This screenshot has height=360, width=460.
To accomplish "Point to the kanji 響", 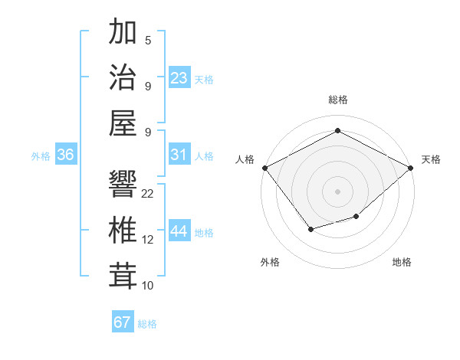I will [123, 183].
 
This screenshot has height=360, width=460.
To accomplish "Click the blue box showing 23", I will [179, 78].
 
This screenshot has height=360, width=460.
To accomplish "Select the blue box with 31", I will [179, 155].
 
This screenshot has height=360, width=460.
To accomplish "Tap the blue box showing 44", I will [179, 231].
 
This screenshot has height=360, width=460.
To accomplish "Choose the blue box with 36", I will [66, 155].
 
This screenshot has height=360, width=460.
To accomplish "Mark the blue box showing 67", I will [123, 322].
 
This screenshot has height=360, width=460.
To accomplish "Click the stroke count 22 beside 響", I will [148, 194].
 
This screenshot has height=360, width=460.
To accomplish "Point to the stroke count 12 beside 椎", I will [148, 240].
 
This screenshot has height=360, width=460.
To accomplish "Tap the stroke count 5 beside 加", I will [148, 41].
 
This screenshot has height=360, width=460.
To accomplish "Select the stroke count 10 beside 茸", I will [148, 286].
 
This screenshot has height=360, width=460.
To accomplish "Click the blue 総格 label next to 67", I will [147, 324].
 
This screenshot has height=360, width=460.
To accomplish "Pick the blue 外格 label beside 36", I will [41, 156].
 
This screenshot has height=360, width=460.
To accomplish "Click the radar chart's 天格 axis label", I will [431, 159].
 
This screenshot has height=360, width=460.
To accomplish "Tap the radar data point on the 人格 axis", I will [264, 168].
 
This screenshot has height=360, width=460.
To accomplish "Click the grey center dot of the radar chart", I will [337, 191].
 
